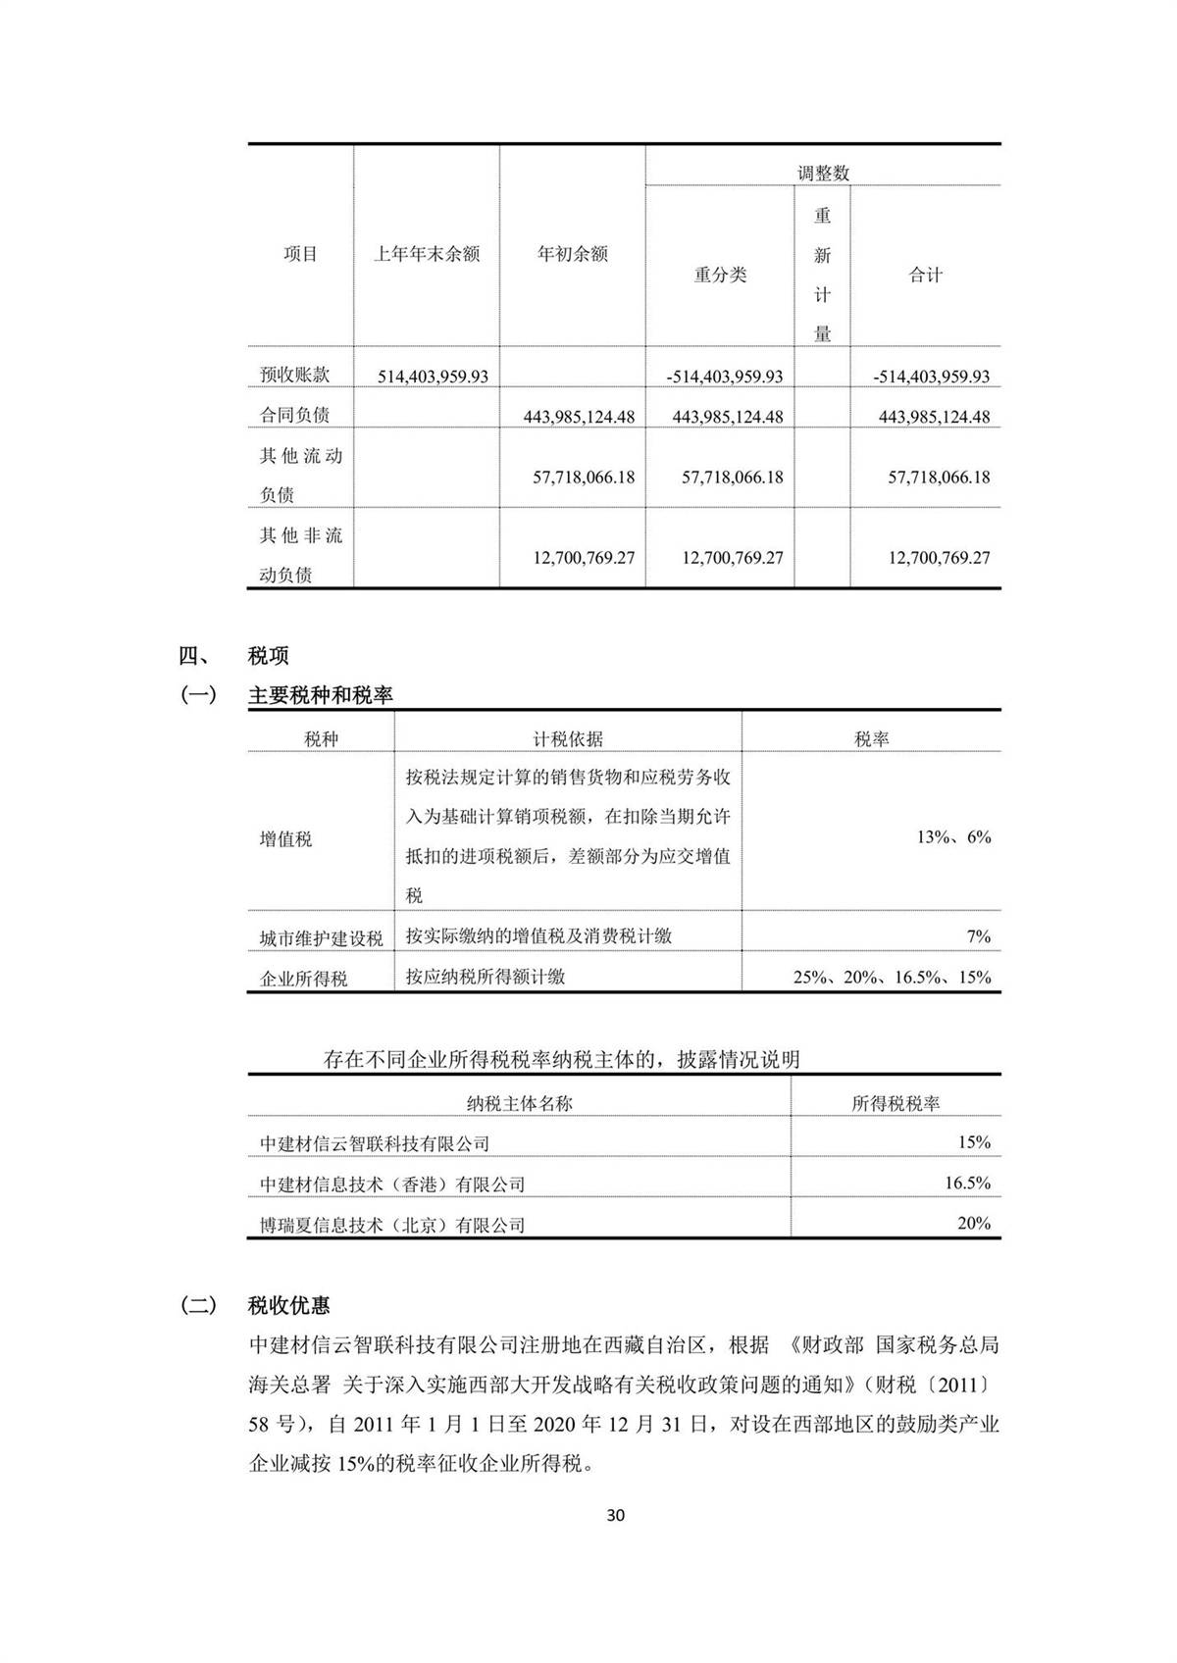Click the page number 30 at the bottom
(616, 1515)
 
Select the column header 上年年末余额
(427, 254)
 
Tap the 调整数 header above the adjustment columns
(823, 174)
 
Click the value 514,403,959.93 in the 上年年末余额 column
(434, 377)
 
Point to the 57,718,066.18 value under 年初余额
(584, 478)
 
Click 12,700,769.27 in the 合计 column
(939, 558)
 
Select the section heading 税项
(269, 656)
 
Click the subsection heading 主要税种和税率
(321, 695)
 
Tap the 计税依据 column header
(568, 738)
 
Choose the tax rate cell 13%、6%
(953, 837)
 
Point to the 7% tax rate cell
(978, 936)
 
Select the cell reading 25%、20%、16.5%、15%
(892, 978)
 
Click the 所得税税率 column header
(896, 1103)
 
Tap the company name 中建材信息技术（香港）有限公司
(392, 1184)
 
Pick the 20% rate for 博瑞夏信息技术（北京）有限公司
(974, 1224)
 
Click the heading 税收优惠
(289, 1306)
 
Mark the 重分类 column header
(720, 276)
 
